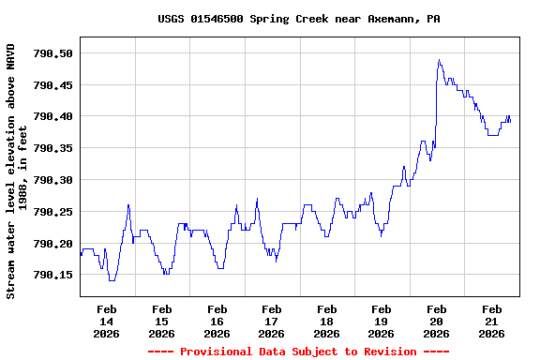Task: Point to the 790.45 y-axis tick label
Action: (52, 85)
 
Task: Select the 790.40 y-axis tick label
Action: (52, 117)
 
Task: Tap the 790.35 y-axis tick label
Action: (52, 148)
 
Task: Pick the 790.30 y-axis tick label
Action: (52, 180)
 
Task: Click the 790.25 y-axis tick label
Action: (52, 212)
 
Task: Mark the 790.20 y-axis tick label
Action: (52, 244)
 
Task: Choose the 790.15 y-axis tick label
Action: (52, 275)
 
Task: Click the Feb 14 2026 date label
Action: (107, 321)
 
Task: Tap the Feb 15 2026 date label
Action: (161, 321)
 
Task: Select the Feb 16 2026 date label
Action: (217, 321)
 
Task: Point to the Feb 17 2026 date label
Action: (272, 321)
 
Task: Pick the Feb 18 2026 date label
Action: (326, 321)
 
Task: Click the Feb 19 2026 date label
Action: (382, 321)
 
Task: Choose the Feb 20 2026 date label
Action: (437, 321)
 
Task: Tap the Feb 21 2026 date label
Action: (491, 321)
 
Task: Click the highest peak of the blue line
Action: (439, 61)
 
